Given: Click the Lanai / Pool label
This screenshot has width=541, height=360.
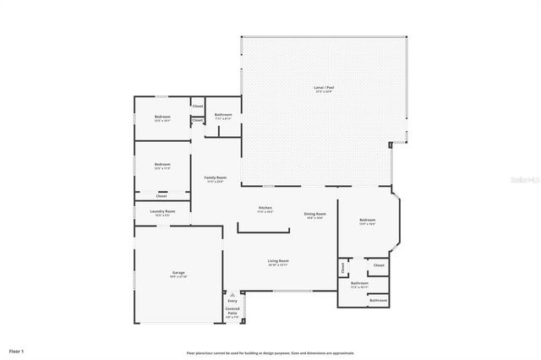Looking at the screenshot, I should coord(324,87).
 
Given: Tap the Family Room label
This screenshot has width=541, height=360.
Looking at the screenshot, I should coord(215,177).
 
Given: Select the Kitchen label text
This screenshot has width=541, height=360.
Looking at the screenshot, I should coord(265,208).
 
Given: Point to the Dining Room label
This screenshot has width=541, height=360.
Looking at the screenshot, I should coord(315,214).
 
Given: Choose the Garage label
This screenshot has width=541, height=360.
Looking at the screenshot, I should coord(178,272).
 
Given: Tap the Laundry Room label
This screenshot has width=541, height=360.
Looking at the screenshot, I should coord(162,211).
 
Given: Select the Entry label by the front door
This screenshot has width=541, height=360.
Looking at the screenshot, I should coord(232,300).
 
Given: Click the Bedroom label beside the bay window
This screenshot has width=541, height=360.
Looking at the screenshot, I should coord(367,220).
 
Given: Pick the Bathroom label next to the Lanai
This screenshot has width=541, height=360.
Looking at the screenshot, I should coord(223,114).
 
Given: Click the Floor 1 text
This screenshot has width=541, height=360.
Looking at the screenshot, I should coord(17,350).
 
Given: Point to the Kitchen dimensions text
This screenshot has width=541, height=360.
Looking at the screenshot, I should coord(265,212).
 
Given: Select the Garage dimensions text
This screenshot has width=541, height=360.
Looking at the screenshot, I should coord(178,276).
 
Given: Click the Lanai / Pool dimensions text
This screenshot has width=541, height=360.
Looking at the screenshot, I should coord(324,91).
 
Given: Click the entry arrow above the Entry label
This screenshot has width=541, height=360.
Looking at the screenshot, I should coord(232,294).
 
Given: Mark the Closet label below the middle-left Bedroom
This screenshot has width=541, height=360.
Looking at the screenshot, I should coord(161,196).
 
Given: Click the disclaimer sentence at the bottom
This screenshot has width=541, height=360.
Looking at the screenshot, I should coord(270,353).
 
